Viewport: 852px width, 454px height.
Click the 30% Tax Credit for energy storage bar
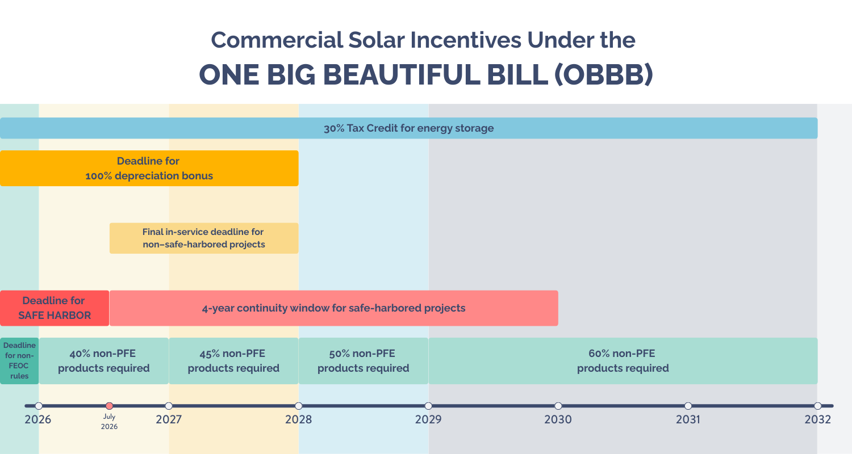click(x=408, y=128)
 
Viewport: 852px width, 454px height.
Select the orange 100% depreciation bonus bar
click(x=149, y=169)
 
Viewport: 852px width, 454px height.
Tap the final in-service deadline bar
click(x=203, y=238)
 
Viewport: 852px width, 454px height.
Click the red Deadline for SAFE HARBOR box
click(x=54, y=308)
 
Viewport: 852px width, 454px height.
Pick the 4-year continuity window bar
click(x=333, y=308)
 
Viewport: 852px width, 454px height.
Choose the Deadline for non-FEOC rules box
click(x=19, y=361)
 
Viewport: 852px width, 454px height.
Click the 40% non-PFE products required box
click(x=103, y=361)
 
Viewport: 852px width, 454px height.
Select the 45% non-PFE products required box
click(x=233, y=361)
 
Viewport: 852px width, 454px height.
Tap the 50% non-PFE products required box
click(x=363, y=361)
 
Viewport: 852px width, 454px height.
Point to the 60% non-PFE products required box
click(x=623, y=361)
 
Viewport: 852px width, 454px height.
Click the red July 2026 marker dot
click(x=110, y=406)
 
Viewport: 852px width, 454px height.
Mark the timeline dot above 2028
click(x=299, y=406)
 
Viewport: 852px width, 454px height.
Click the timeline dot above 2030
click(x=558, y=406)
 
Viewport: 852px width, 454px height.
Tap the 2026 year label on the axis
click(x=37, y=420)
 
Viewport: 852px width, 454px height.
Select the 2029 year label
click(x=428, y=420)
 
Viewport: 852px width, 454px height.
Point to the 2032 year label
click(x=818, y=420)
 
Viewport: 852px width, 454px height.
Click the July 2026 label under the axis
click(x=109, y=422)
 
